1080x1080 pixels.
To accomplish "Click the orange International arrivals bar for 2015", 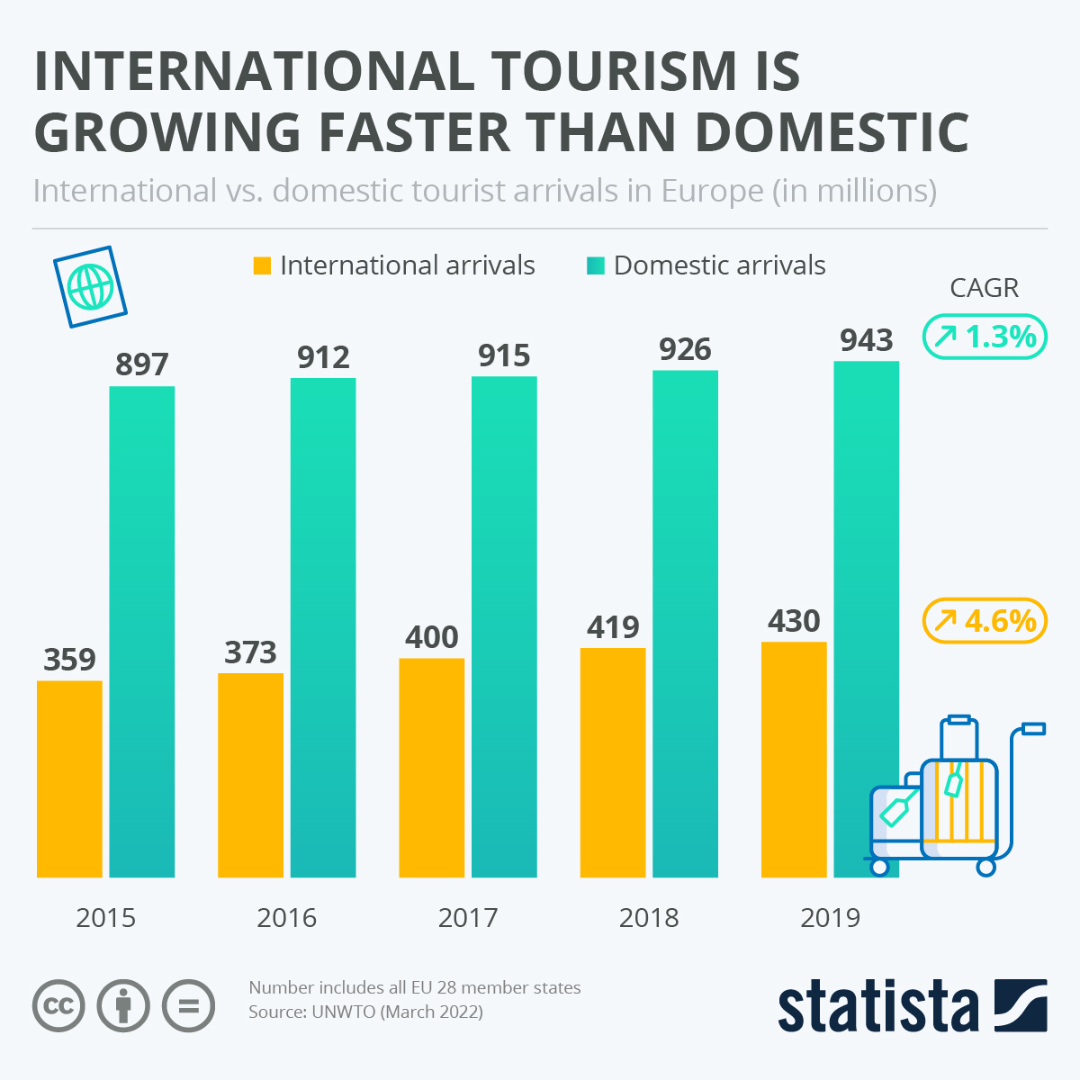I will [x=69, y=778].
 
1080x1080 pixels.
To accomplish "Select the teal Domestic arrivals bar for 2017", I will [x=504, y=625].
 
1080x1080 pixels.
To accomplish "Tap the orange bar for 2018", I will [x=613, y=762].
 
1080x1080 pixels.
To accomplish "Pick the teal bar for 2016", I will [x=323, y=627].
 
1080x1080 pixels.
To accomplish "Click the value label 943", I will [x=866, y=340].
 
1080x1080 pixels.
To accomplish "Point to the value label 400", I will [x=432, y=637].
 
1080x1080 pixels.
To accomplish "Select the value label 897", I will [x=142, y=364].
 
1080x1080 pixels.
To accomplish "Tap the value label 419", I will [x=613, y=627].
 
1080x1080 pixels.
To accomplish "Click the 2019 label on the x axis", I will [x=830, y=918].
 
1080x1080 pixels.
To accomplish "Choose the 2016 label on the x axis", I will [x=287, y=918].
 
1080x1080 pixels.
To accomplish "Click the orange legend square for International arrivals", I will [x=262, y=265].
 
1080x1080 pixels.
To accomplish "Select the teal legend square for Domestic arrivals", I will [x=595, y=265].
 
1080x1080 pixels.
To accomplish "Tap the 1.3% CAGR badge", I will [x=985, y=337].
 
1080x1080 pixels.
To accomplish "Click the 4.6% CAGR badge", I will [x=985, y=621].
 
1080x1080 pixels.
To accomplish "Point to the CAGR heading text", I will [x=985, y=288].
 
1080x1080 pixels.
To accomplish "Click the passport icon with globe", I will [x=90, y=287].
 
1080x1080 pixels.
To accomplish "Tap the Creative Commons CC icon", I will [x=59, y=1004].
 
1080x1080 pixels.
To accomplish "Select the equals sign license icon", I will [x=189, y=1004].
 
